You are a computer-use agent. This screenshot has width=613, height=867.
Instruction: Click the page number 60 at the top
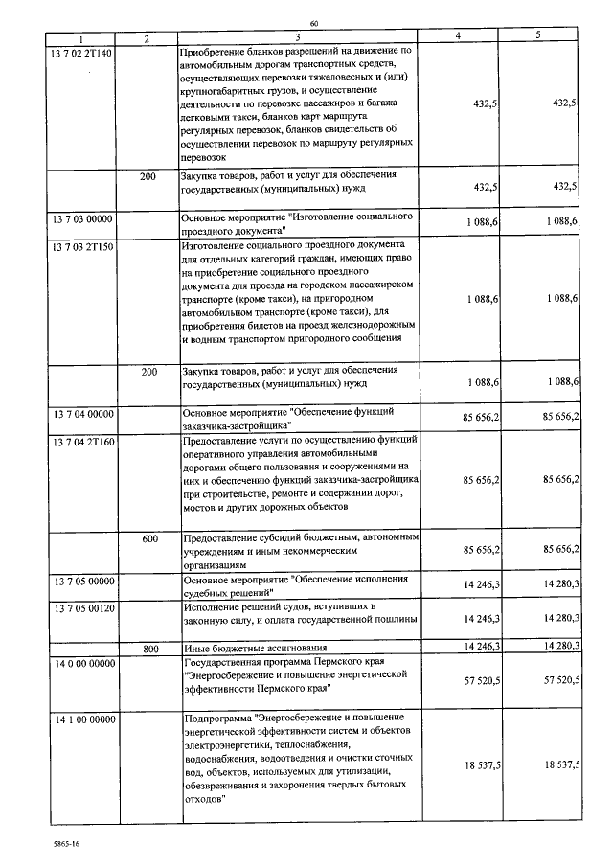click(313, 23)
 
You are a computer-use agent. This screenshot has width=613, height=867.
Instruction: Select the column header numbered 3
click(299, 38)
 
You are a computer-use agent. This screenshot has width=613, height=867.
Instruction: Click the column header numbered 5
click(538, 38)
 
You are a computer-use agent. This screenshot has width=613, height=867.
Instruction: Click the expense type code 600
click(149, 539)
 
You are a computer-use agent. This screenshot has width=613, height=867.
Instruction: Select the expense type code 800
click(149, 649)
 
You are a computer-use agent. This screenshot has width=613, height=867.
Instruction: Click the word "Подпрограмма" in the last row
click(216, 718)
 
